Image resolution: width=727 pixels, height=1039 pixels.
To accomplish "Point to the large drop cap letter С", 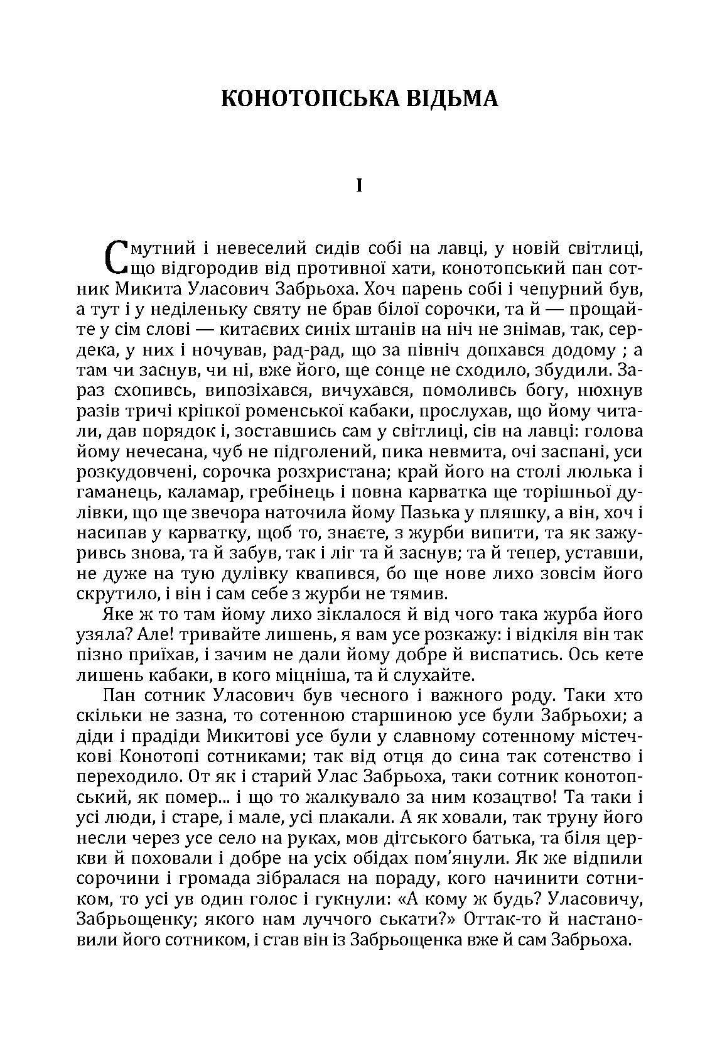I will pyautogui.click(x=114, y=258).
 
